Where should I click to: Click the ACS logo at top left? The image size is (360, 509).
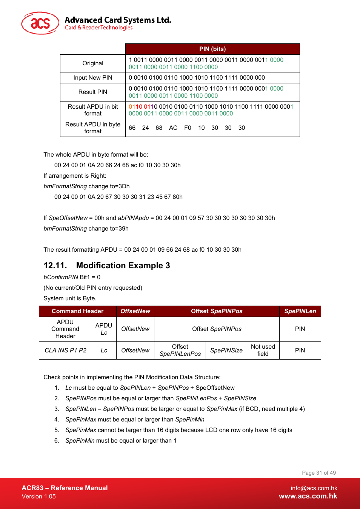click(40, 23)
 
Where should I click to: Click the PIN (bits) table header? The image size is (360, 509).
click(212, 49)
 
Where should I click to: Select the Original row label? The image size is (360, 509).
click(93, 63)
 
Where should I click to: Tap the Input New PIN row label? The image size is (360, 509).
click(93, 78)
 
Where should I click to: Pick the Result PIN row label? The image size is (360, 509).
click(93, 92)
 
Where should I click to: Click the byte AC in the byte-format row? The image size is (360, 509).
click(173, 128)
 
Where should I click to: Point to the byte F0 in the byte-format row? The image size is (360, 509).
click(188, 128)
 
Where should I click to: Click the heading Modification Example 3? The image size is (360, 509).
click(123, 266)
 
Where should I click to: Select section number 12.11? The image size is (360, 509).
click(55, 266)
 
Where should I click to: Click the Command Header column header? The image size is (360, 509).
click(77, 311)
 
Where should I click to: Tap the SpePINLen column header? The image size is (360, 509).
click(300, 311)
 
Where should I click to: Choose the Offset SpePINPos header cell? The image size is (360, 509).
click(217, 311)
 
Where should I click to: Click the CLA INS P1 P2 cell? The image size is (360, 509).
click(66, 351)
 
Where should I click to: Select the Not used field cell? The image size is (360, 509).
click(263, 350)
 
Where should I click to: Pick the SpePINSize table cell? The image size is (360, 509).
click(226, 351)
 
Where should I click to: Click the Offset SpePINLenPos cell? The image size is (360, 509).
click(180, 350)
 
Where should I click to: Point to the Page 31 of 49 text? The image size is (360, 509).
click(319, 473)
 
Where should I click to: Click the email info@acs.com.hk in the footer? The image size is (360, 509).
click(314, 488)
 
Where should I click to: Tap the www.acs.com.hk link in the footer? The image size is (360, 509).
click(308, 496)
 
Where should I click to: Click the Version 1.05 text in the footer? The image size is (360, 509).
click(39, 497)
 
